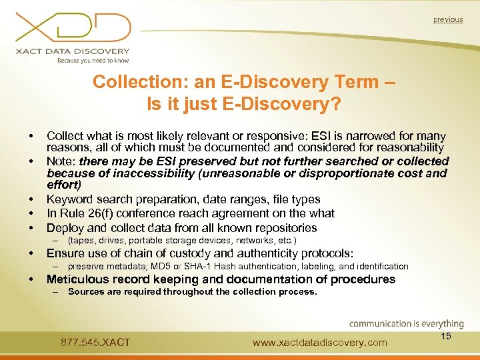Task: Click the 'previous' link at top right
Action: coord(447,19)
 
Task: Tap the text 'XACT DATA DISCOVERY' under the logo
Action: coord(73,51)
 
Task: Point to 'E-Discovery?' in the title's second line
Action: coord(287,104)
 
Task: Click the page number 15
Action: coord(446,336)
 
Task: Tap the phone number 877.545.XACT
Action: coord(95,343)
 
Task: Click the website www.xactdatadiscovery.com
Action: coord(320,343)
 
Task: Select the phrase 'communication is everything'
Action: coord(406,324)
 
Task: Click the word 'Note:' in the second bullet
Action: coord(61,161)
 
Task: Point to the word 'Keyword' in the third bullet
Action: coord(69,199)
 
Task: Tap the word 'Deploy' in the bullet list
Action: coord(64,228)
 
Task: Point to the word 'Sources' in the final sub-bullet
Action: coord(87,291)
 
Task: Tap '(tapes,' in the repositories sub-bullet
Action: coord(81,240)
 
